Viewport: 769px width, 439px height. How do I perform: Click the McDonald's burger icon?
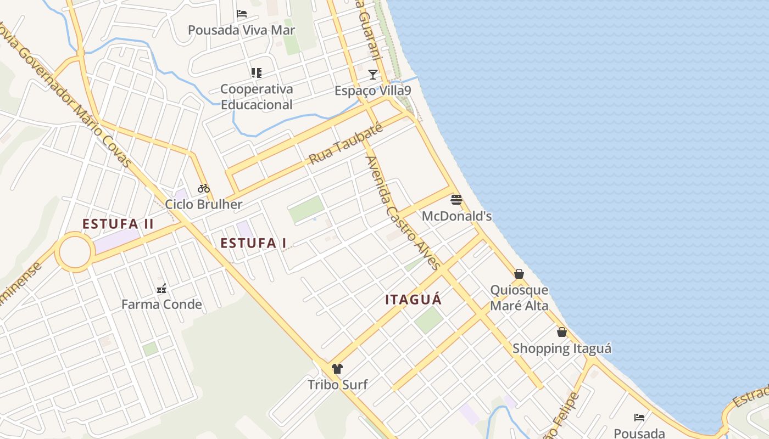pyautogui.click(x=456, y=199)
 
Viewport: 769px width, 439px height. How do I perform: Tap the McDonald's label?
pyautogui.click(x=456, y=216)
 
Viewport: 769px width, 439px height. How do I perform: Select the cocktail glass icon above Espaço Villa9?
pyautogui.click(x=373, y=74)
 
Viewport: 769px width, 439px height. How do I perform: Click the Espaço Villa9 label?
pyautogui.click(x=373, y=91)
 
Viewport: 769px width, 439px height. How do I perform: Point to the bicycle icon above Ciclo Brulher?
pyautogui.click(x=204, y=188)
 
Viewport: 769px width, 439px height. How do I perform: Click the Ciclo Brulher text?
pyautogui.click(x=204, y=205)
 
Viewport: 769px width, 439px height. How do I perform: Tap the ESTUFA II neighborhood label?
pyautogui.click(x=118, y=224)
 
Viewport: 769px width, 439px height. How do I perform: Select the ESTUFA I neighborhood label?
pyautogui.click(x=253, y=243)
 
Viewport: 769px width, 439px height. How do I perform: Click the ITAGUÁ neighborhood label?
pyautogui.click(x=414, y=300)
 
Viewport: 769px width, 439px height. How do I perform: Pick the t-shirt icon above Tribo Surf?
pyautogui.click(x=337, y=368)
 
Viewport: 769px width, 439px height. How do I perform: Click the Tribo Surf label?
pyautogui.click(x=337, y=385)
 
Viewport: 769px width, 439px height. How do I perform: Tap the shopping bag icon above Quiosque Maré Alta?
pyautogui.click(x=519, y=273)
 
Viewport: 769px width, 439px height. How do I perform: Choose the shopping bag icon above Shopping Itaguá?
pyautogui.click(x=562, y=332)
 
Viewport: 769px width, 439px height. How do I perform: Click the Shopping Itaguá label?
pyautogui.click(x=562, y=348)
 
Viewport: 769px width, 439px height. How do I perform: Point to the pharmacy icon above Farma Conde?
pyautogui.click(x=161, y=288)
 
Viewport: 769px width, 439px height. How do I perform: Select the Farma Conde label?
pyautogui.click(x=161, y=305)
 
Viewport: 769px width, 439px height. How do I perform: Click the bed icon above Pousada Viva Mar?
pyautogui.click(x=242, y=14)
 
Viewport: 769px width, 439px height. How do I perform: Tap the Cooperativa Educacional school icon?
pyautogui.click(x=256, y=72)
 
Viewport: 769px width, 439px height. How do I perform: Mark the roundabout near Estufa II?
pyautogui.click(x=75, y=252)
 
